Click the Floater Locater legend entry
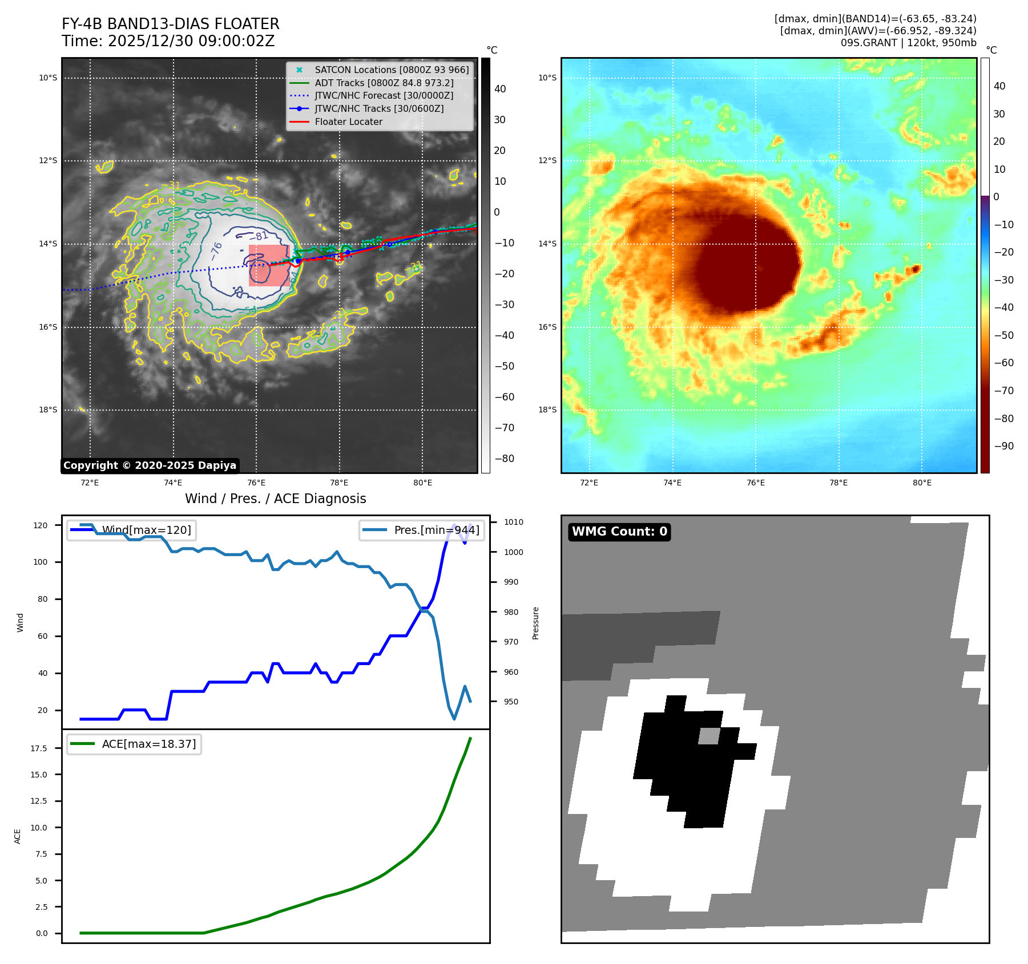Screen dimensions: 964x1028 tap(348, 121)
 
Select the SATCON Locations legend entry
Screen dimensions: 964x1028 tap(392, 70)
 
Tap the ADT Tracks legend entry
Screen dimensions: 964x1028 tap(384, 83)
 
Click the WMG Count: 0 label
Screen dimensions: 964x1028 tap(619, 532)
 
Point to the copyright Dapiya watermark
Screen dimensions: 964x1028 tap(150, 465)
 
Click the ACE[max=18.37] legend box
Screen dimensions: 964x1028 tap(134, 744)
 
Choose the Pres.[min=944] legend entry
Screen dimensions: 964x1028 tap(422, 530)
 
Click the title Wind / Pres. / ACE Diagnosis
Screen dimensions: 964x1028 tap(275, 499)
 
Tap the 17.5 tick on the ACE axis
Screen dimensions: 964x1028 tap(39, 748)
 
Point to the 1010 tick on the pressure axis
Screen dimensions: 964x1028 tap(513, 522)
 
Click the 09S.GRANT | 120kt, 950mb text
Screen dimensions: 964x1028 tap(908, 43)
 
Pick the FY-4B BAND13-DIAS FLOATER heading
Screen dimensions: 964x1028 tap(170, 24)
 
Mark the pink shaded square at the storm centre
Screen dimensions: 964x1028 tap(268, 265)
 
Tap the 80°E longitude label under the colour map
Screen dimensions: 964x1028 tap(922, 483)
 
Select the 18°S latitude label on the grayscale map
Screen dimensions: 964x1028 tap(48, 410)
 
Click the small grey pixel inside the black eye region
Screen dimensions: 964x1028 tap(709, 736)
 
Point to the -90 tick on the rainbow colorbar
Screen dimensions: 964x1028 tap(1003, 446)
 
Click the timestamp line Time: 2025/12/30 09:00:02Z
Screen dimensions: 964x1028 tap(168, 41)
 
